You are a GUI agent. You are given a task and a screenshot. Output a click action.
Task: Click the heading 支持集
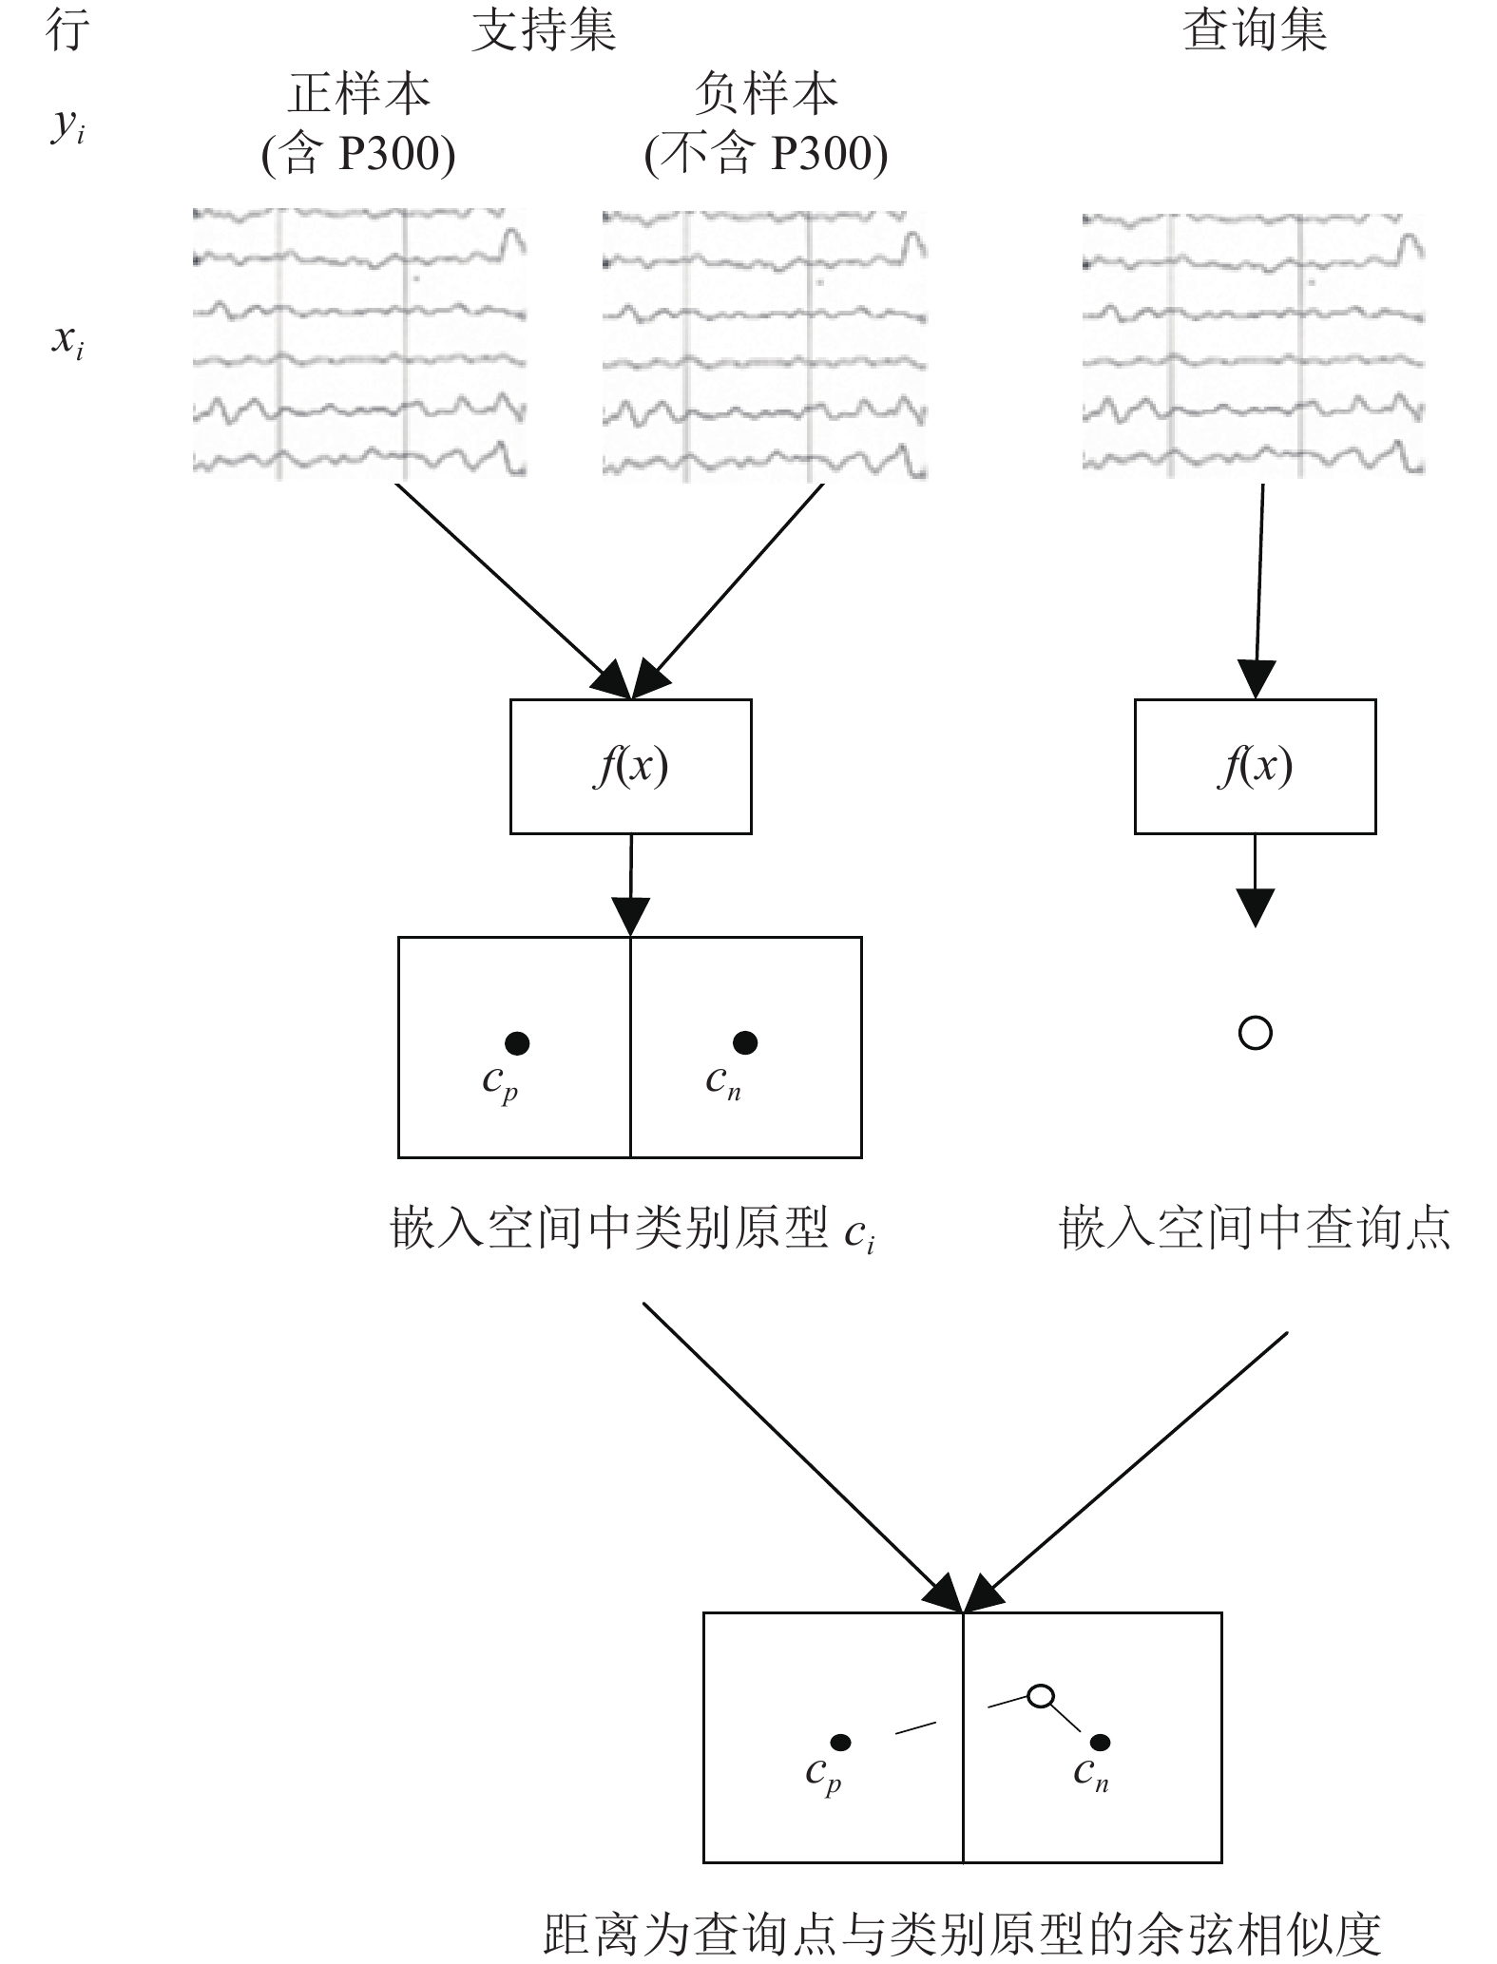[544, 29]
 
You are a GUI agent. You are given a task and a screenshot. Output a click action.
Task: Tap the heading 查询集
[1255, 29]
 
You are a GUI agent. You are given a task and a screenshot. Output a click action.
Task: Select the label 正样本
[359, 93]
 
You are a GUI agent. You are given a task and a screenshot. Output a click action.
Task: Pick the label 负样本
[766, 93]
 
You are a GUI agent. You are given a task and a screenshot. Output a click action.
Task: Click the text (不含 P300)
[766, 154]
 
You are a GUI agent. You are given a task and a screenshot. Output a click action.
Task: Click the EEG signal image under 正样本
[359, 343]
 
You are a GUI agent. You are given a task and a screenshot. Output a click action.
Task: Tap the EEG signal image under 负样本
[765, 345]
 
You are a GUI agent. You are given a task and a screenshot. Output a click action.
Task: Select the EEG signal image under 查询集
[1254, 343]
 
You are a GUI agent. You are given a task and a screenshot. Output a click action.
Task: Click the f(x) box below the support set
[631, 767]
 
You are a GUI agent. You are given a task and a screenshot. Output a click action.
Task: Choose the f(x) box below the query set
[1255, 767]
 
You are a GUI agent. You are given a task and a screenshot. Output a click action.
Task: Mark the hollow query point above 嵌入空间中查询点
[1255, 1033]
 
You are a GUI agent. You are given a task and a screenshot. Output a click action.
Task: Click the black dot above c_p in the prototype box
[517, 1043]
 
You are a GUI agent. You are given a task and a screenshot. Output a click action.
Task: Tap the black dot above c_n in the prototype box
[745, 1042]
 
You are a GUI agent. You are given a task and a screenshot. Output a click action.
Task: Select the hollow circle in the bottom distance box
[1041, 1695]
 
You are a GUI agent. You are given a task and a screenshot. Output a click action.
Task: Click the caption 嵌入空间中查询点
[1255, 1228]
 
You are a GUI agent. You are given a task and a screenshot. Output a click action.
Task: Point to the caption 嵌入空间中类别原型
[610, 1228]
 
